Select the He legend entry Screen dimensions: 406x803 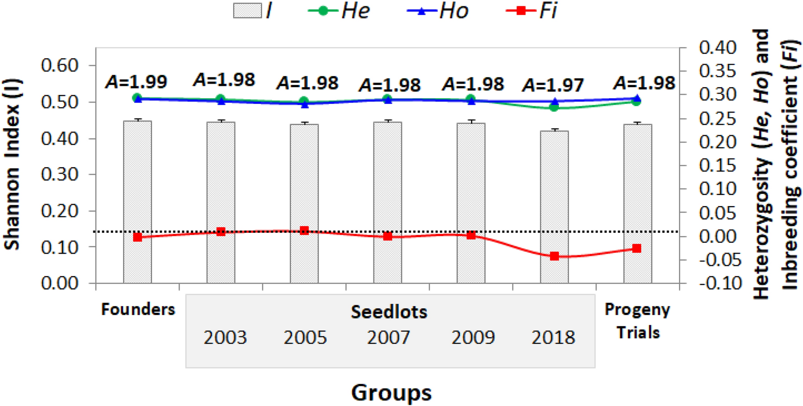pos(340,11)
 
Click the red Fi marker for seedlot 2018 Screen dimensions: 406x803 pos(554,256)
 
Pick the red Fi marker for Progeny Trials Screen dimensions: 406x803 pos(636,248)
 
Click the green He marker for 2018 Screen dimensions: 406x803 pos(554,107)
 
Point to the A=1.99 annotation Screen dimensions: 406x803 pos(136,82)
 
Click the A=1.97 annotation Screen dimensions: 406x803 pos(553,85)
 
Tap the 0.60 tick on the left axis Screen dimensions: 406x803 pos(59,66)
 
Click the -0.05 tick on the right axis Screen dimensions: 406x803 pos(720,260)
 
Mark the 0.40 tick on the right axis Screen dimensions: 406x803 pos(717,47)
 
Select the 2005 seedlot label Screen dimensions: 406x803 pos(305,338)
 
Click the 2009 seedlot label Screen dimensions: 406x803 pos(473,338)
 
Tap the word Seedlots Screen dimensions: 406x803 pos(389,312)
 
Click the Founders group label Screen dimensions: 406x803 pos(138,309)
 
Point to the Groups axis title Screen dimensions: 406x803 pos(391,392)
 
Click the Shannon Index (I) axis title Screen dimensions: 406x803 pos(12,165)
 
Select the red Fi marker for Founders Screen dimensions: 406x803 pos(138,237)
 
